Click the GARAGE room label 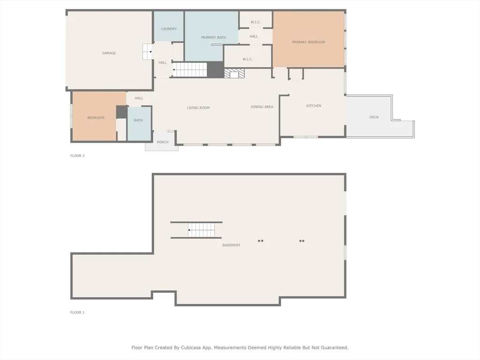pyautogui.click(x=109, y=53)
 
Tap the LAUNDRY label pyautogui.click(x=169, y=29)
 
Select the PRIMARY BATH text pyautogui.click(x=213, y=37)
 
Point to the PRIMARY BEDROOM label pyautogui.click(x=308, y=42)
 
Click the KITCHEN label pyautogui.click(x=314, y=105)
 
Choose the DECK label pyautogui.click(x=374, y=117)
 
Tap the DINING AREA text pyautogui.click(x=262, y=107)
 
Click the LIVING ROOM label pyautogui.click(x=198, y=108)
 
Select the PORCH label pyautogui.click(x=163, y=142)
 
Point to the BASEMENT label pyautogui.click(x=232, y=245)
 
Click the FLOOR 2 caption pyautogui.click(x=77, y=156)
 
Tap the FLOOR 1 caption pyautogui.click(x=77, y=313)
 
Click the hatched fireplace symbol pyautogui.click(x=234, y=74)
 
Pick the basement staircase pyautogui.click(x=202, y=230)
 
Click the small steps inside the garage pyautogui.click(x=147, y=52)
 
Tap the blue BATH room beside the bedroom pyautogui.click(x=139, y=124)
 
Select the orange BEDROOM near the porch pyautogui.click(x=95, y=116)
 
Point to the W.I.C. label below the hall pyautogui.click(x=247, y=59)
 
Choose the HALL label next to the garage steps pyautogui.click(x=163, y=62)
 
